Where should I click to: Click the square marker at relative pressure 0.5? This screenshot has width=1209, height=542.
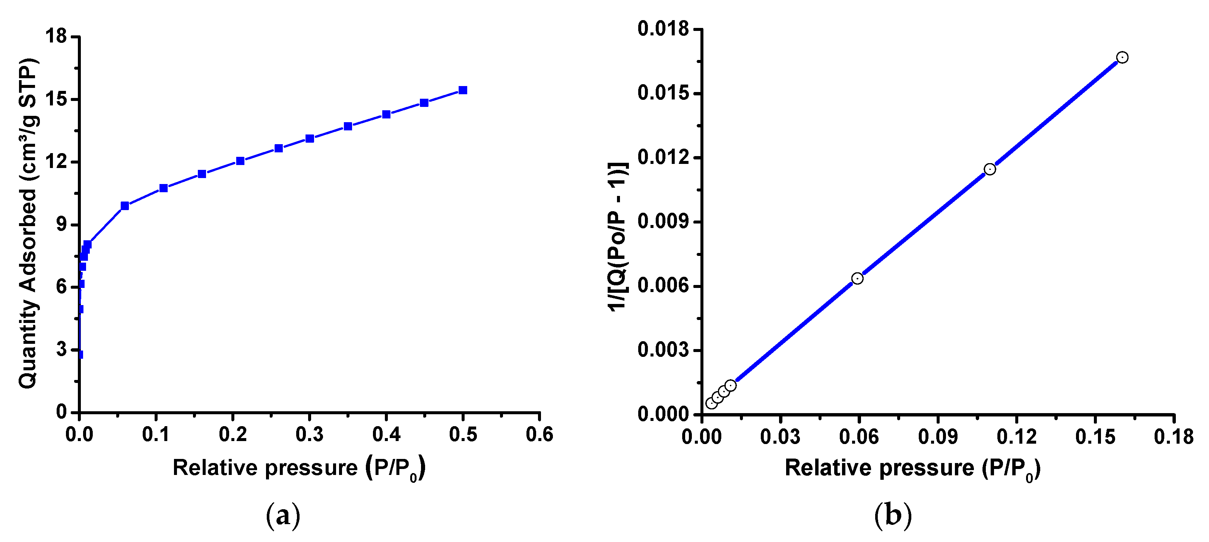coord(462,90)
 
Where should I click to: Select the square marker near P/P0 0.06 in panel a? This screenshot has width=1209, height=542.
coord(125,206)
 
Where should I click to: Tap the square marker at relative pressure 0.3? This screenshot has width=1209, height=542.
coord(310,139)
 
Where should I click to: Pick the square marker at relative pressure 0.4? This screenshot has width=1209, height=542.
coord(386,114)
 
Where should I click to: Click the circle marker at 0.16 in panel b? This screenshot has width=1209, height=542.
coord(1122,57)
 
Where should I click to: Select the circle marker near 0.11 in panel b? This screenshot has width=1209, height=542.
coord(990,169)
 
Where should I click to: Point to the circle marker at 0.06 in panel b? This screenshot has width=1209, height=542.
coord(857,278)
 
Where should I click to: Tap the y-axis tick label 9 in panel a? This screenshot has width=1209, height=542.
coord(62,224)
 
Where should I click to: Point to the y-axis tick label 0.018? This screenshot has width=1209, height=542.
coord(663,29)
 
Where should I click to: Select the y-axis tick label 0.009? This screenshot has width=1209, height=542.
coord(663,222)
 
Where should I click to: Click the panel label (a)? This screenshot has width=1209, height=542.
coord(283,516)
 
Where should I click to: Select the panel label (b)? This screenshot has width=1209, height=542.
coord(893,515)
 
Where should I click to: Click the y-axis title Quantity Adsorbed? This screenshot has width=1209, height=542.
coord(28,224)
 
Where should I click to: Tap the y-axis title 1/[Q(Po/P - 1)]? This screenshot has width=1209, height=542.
coord(618,237)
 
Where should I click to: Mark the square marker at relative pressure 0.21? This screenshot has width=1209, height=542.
coord(240,161)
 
